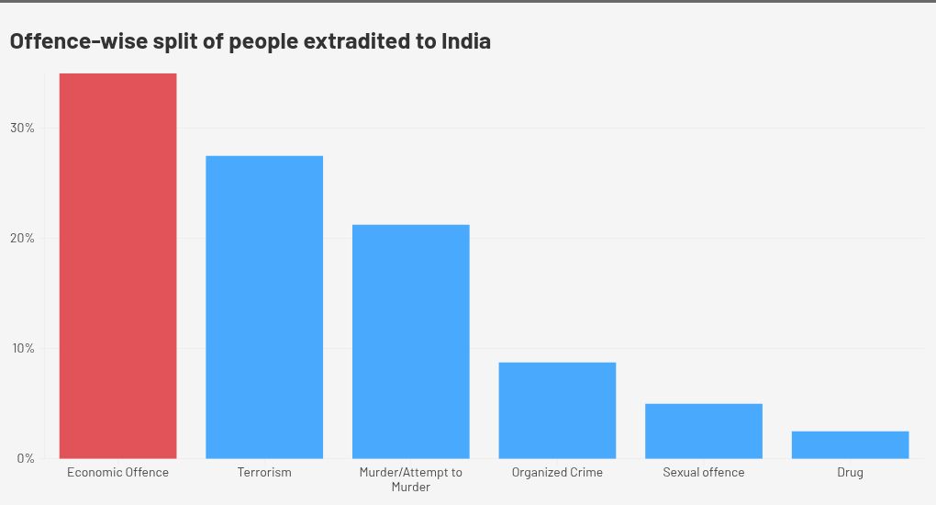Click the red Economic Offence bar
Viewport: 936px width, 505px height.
point(117,266)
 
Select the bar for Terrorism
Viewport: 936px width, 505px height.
point(264,308)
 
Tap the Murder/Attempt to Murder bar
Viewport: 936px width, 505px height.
point(410,342)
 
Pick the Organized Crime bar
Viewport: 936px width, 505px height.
point(557,410)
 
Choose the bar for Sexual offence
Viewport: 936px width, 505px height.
point(704,431)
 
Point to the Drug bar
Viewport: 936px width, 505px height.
point(850,444)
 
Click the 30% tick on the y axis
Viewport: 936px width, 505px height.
point(22,128)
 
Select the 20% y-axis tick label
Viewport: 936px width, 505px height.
point(22,238)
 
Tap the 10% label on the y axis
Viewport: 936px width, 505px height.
point(22,348)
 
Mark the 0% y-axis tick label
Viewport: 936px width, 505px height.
point(25,458)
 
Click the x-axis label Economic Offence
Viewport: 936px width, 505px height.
point(117,472)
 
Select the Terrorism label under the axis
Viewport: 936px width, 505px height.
point(264,472)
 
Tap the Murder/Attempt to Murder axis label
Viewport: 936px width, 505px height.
point(410,479)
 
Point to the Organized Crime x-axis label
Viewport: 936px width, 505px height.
point(557,472)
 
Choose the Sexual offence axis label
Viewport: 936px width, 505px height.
point(704,472)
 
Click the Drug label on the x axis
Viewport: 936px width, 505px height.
point(850,472)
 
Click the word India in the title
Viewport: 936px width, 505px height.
point(465,41)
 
